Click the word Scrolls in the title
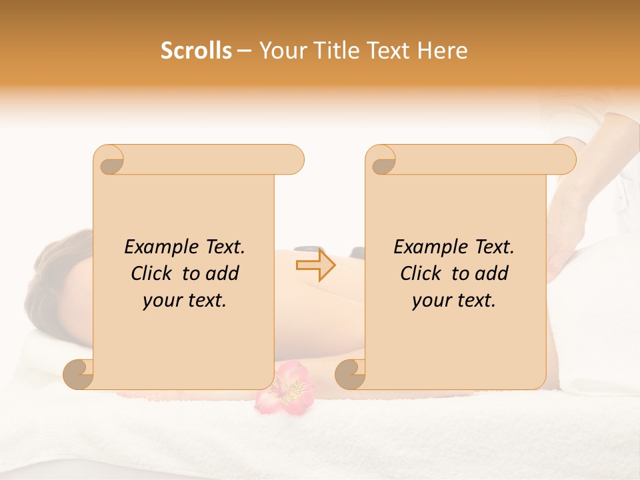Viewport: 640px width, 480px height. point(196,51)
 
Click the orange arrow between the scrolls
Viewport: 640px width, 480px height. point(316,265)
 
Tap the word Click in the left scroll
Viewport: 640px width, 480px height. point(154,273)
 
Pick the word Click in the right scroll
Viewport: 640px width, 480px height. point(423,273)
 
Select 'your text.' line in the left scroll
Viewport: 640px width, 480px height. point(185,301)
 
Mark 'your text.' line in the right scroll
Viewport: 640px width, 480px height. point(454,301)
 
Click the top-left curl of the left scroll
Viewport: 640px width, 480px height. point(109,160)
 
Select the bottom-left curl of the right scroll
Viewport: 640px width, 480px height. point(351,374)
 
